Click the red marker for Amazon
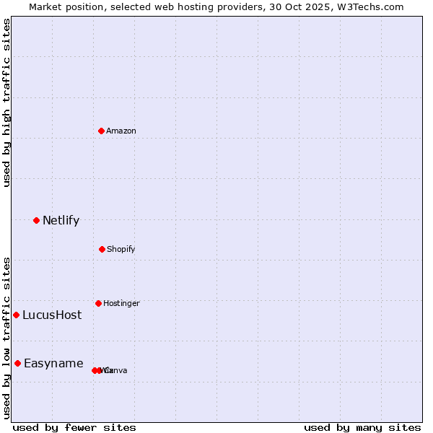(102, 131)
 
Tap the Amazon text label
(121, 131)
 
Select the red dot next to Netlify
(36, 220)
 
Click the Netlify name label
(61, 221)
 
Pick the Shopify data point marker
(102, 249)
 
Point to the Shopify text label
(121, 250)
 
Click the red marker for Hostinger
(98, 303)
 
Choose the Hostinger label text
(121, 304)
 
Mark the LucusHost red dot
(16, 315)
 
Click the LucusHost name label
(52, 315)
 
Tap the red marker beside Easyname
(17, 363)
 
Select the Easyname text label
(53, 364)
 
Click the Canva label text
(117, 371)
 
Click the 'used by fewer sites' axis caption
(74, 427)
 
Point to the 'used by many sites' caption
(362, 427)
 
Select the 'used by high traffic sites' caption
(7, 102)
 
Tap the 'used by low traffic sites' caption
(7, 338)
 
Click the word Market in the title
(46, 7)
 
